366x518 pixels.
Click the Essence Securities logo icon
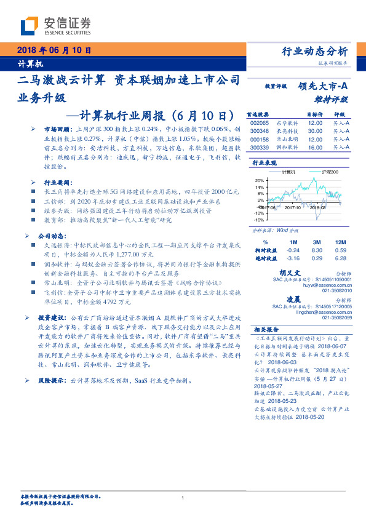(x=30, y=26)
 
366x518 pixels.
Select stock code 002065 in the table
(x=260, y=123)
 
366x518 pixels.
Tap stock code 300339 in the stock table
(x=260, y=148)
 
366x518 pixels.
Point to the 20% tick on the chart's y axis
(x=260, y=180)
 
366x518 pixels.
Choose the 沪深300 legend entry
(x=330, y=172)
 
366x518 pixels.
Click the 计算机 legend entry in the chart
(x=288, y=172)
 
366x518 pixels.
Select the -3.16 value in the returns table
(x=292, y=258)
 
